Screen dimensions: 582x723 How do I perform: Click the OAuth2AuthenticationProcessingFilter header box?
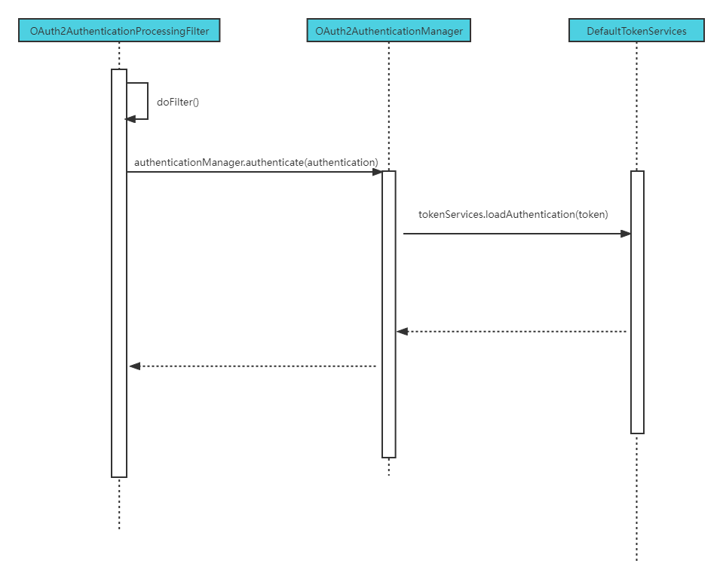[119, 31]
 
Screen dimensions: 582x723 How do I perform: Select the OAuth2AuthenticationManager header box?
[389, 31]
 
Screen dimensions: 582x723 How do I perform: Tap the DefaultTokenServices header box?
[636, 31]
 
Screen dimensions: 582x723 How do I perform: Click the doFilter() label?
[178, 102]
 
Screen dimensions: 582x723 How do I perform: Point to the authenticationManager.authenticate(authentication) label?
[256, 162]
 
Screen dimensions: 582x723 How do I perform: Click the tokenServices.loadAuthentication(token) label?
[513, 215]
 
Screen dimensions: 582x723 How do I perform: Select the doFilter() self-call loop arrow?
[146, 101]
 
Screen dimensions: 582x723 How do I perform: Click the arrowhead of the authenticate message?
[377, 172]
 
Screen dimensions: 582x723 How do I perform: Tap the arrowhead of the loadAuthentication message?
[625, 234]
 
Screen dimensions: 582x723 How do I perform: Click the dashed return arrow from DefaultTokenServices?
[513, 331]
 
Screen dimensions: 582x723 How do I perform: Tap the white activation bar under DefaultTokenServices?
[637, 302]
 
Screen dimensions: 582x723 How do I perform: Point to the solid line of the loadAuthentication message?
[513, 234]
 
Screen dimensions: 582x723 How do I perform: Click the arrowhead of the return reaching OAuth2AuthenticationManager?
[403, 331]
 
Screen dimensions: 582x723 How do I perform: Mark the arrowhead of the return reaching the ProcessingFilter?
[135, 366]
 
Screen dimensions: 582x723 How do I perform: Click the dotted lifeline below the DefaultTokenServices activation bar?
[636, 498]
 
